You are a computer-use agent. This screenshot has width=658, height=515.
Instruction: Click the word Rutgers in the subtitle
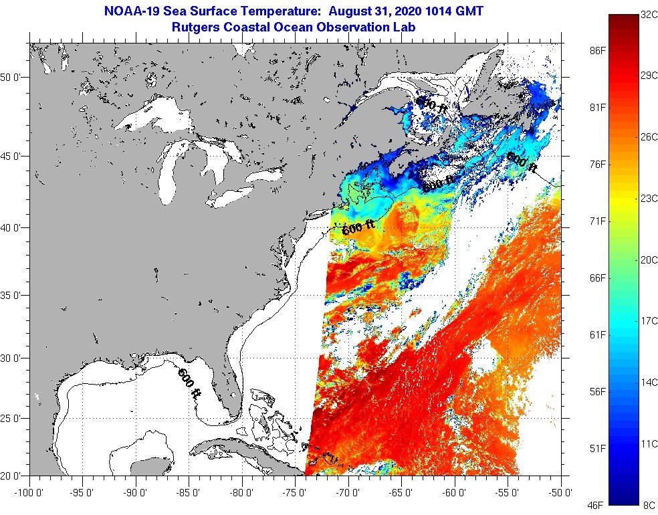[199, 27]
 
